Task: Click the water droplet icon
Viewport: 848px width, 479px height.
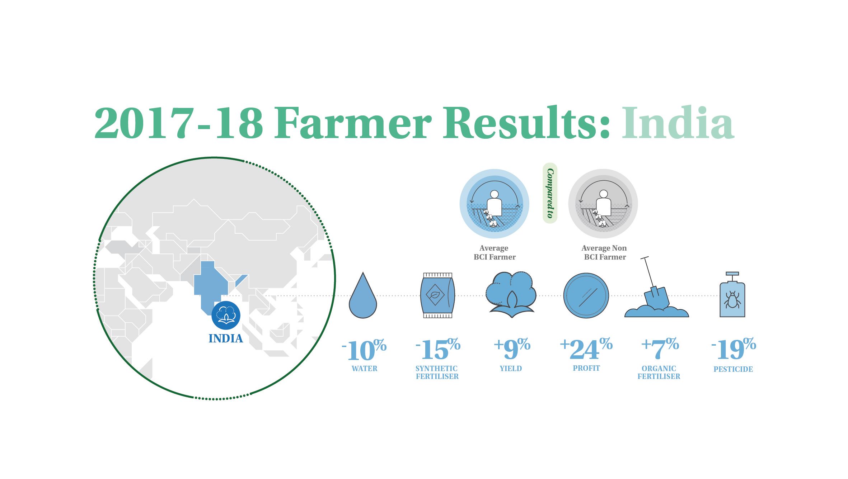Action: [x=363, y=296]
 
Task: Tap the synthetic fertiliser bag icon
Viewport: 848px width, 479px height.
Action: [x=437, y=295]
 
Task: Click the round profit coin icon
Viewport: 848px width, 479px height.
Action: [x=586, y=296]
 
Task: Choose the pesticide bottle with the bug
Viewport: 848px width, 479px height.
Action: [x=732, y=295]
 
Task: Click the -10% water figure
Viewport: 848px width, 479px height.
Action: [x=364, y=350]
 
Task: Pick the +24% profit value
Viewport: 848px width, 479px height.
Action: [x=586, y=348]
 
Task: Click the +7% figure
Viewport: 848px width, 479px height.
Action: [x=660, y=348]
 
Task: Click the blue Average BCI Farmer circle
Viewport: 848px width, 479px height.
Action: [x=494, y=204]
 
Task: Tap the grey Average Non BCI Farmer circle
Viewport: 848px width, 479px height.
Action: [x=603, y=204]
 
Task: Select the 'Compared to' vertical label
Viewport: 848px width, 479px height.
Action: [x=550, y=193]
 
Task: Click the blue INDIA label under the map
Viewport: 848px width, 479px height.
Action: [x=226, y=338]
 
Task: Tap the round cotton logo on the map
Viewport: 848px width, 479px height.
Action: [x=226, y=315]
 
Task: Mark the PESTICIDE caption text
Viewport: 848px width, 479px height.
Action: [x=733, y=369]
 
